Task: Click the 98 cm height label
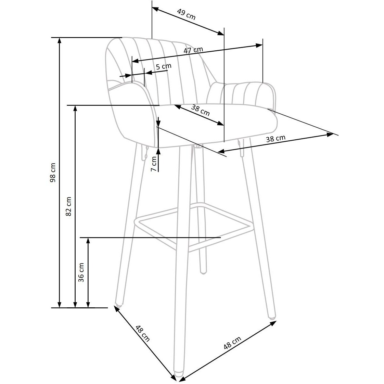pyautogui.click(x=53, y=172)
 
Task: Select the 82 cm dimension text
pyautogui.click(x=68, y=206)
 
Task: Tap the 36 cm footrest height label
pyautogui.click(x=81, y=272)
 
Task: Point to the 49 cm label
pyautogui.click(x=187, y=14)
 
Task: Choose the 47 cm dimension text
pyautogui.click(x=193, y=50)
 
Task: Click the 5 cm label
pyautogui.click(x=164, y=66)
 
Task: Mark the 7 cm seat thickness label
pyautogui.click(x=154, y=164)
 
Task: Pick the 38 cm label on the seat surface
pyautogui.click(x=200, y=110)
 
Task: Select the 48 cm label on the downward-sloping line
pyautogui.click(x=142, y=333)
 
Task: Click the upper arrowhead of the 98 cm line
pyautogui.click(x=59, y=40)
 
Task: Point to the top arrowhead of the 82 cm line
pyautogui.click(x=75, y=108)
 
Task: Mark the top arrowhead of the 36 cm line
pyautogui.click(x=88, y=240)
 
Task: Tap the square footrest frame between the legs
pyautogui.click(x=193, y=227)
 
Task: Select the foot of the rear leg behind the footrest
pyautogui.click(x=203, y=271)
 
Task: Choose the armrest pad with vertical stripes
pyautogui.click(x=241, y=94)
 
